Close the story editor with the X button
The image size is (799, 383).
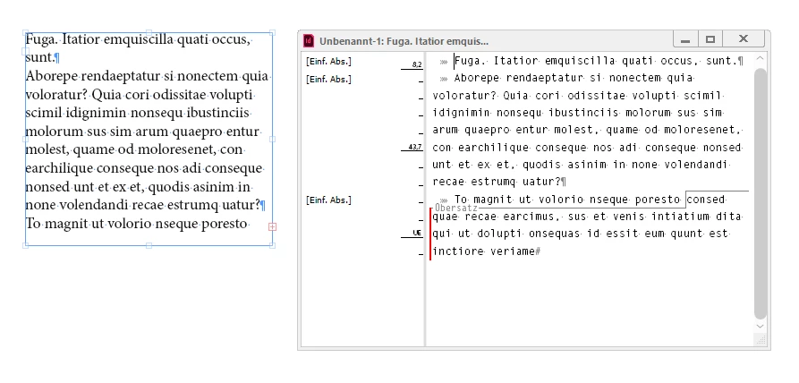(744, 38)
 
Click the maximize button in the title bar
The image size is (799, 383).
(710, 38)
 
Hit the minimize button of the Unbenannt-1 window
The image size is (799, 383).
(686, 38)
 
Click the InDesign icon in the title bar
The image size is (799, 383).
(309, 40)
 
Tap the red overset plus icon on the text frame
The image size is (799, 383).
(272, 226)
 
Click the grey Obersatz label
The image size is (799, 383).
(456, 208)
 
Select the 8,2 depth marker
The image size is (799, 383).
(417, 64)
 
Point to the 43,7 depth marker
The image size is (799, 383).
(415, 147)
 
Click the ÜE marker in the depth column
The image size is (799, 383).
(417, 233)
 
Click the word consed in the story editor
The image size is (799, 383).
(706, 200)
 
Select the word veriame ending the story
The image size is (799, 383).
(512, 251)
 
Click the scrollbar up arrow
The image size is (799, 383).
(761, 59)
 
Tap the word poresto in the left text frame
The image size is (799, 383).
(225, 224)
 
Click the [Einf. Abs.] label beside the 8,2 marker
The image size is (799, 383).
(328, 62)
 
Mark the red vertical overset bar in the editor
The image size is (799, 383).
(430, 234)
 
